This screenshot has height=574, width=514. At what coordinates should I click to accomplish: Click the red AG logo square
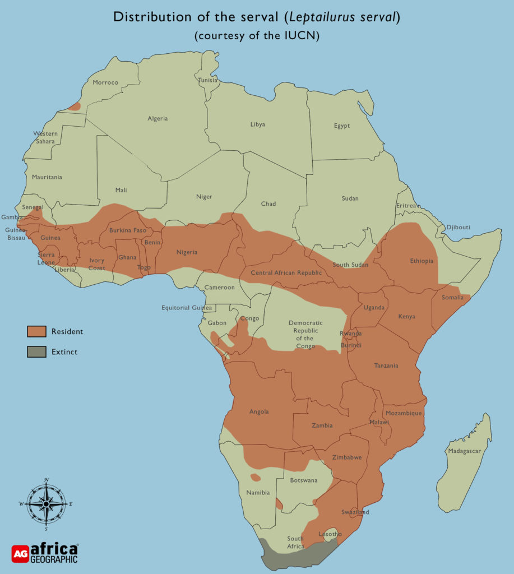20,553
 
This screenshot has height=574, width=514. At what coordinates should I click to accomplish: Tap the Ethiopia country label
422,261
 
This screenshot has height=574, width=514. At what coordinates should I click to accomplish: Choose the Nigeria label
187,252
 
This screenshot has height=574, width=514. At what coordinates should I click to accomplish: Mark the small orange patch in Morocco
75,106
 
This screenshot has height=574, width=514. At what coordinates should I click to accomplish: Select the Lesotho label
328,534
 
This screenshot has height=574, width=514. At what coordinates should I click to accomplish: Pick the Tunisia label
207,80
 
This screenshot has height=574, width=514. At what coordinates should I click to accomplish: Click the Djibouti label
458,227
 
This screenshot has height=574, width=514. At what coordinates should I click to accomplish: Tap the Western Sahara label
45,137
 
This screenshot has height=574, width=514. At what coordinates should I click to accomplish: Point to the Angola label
258,411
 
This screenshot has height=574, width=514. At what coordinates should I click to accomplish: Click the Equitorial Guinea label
187,308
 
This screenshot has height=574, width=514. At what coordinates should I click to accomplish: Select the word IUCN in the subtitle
305,35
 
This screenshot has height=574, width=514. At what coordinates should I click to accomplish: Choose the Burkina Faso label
127,230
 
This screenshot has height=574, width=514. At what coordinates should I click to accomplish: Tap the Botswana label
303,480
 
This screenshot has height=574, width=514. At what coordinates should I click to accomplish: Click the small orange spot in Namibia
256,478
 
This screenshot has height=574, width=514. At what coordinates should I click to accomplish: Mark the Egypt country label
341,126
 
